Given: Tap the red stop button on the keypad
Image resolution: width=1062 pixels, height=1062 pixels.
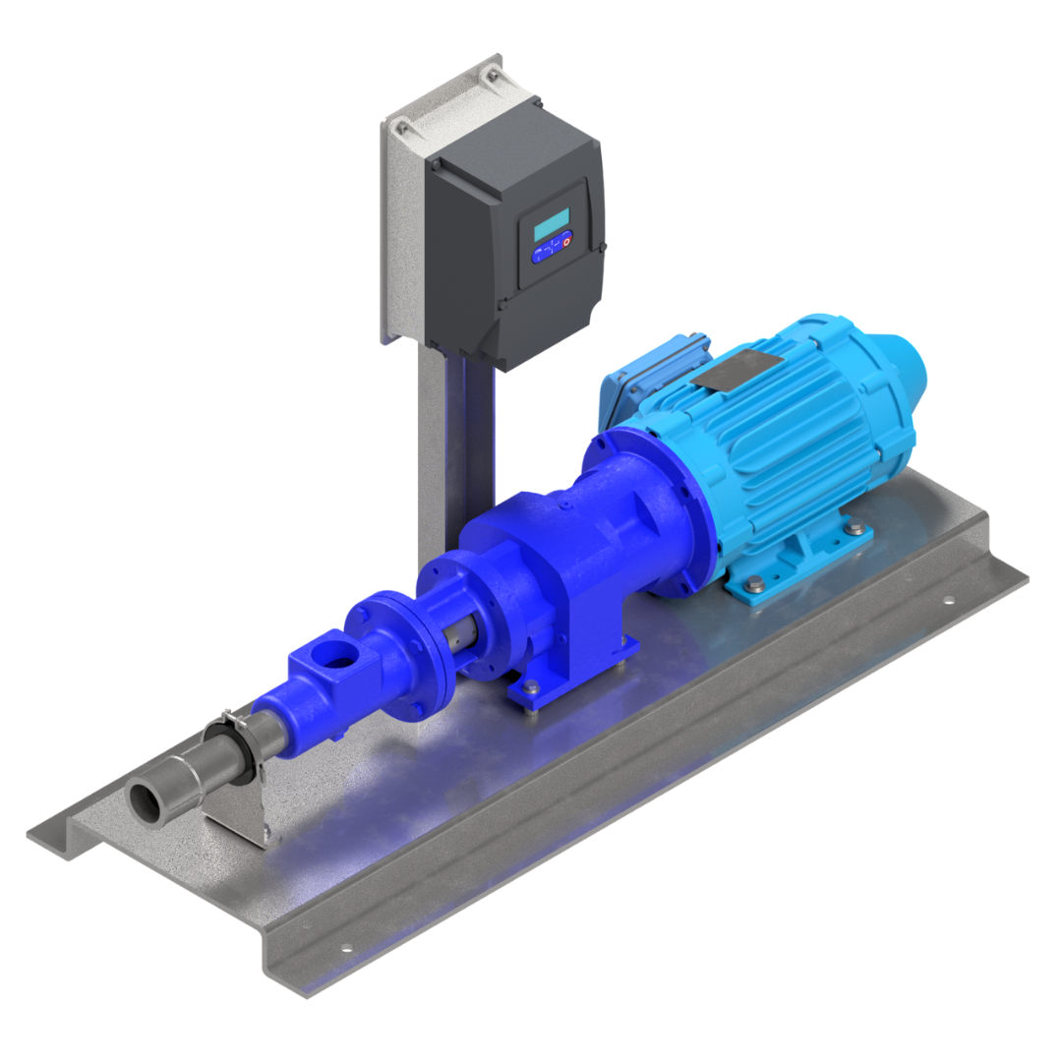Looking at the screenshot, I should pos(564,243).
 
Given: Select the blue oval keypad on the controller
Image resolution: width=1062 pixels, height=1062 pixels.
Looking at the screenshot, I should pos(552,249).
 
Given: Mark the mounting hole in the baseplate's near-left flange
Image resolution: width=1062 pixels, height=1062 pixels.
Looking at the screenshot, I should pos(346,948).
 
